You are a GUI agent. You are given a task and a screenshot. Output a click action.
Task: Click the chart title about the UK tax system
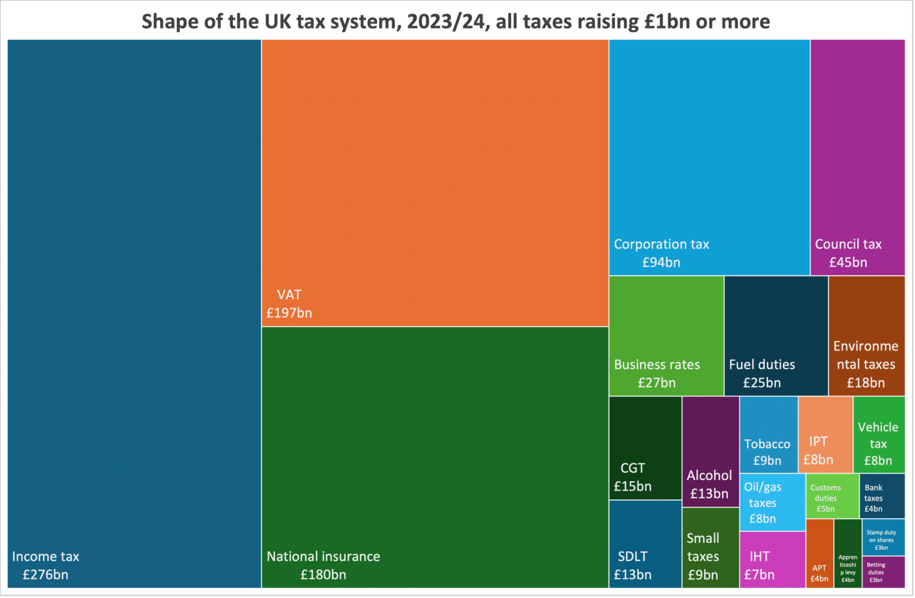tap(456, 21)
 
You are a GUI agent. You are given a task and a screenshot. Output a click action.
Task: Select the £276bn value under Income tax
tap(45, 575)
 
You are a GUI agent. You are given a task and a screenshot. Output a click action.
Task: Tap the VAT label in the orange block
tap(289, 295)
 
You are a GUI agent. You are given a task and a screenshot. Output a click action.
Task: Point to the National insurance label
tap(323, 556)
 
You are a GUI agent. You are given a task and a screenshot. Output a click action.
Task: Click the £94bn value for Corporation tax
tap(661, 262)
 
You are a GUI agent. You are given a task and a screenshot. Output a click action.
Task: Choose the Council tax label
tap(848, 244)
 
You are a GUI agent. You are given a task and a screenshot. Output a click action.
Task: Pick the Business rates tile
tap(666, 336)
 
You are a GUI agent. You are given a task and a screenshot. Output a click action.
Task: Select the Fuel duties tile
tap(776, 336)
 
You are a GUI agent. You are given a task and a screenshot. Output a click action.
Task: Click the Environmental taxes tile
tap(866, 336)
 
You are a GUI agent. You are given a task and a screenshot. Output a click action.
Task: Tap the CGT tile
tap(645, 448)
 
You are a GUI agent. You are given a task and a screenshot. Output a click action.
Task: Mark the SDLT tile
tap(645, 544)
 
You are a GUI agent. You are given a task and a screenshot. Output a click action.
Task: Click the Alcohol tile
tap(710, 451)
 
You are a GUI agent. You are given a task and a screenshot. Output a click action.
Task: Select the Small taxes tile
tap(710, 547)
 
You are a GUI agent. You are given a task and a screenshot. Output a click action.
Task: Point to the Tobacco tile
tap(768, 435)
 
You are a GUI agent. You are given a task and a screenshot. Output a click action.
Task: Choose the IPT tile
tap(825, 435)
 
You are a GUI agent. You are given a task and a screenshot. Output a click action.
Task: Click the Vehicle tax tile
tap(879, 435)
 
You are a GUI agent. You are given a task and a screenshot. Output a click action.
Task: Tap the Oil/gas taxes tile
tap(772, 502)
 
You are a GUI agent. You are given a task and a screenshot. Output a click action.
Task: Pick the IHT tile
tap(772, 559)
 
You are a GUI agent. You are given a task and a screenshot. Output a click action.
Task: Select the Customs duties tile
tap(832, 496)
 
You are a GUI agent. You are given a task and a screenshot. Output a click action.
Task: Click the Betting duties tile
tap(883, 572)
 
